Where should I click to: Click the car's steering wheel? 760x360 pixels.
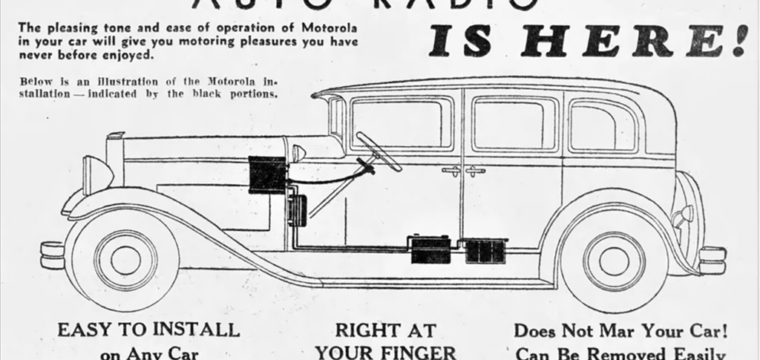[x=379, y=151]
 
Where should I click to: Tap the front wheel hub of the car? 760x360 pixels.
[x=125, y=260]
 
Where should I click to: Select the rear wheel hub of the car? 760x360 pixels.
[x=614, y=260]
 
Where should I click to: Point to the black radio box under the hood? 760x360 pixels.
[x=267, y=174]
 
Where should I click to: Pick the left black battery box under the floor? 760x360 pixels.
[x=430, y=250]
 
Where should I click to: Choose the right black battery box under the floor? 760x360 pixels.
[x=485, y=250]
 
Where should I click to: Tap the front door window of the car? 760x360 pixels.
[x=401, y=122]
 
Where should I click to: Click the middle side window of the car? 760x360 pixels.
[x=514, y=123]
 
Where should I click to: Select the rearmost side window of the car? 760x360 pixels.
[x=602, y=126]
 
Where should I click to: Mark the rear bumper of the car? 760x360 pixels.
[x=712, y=260]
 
